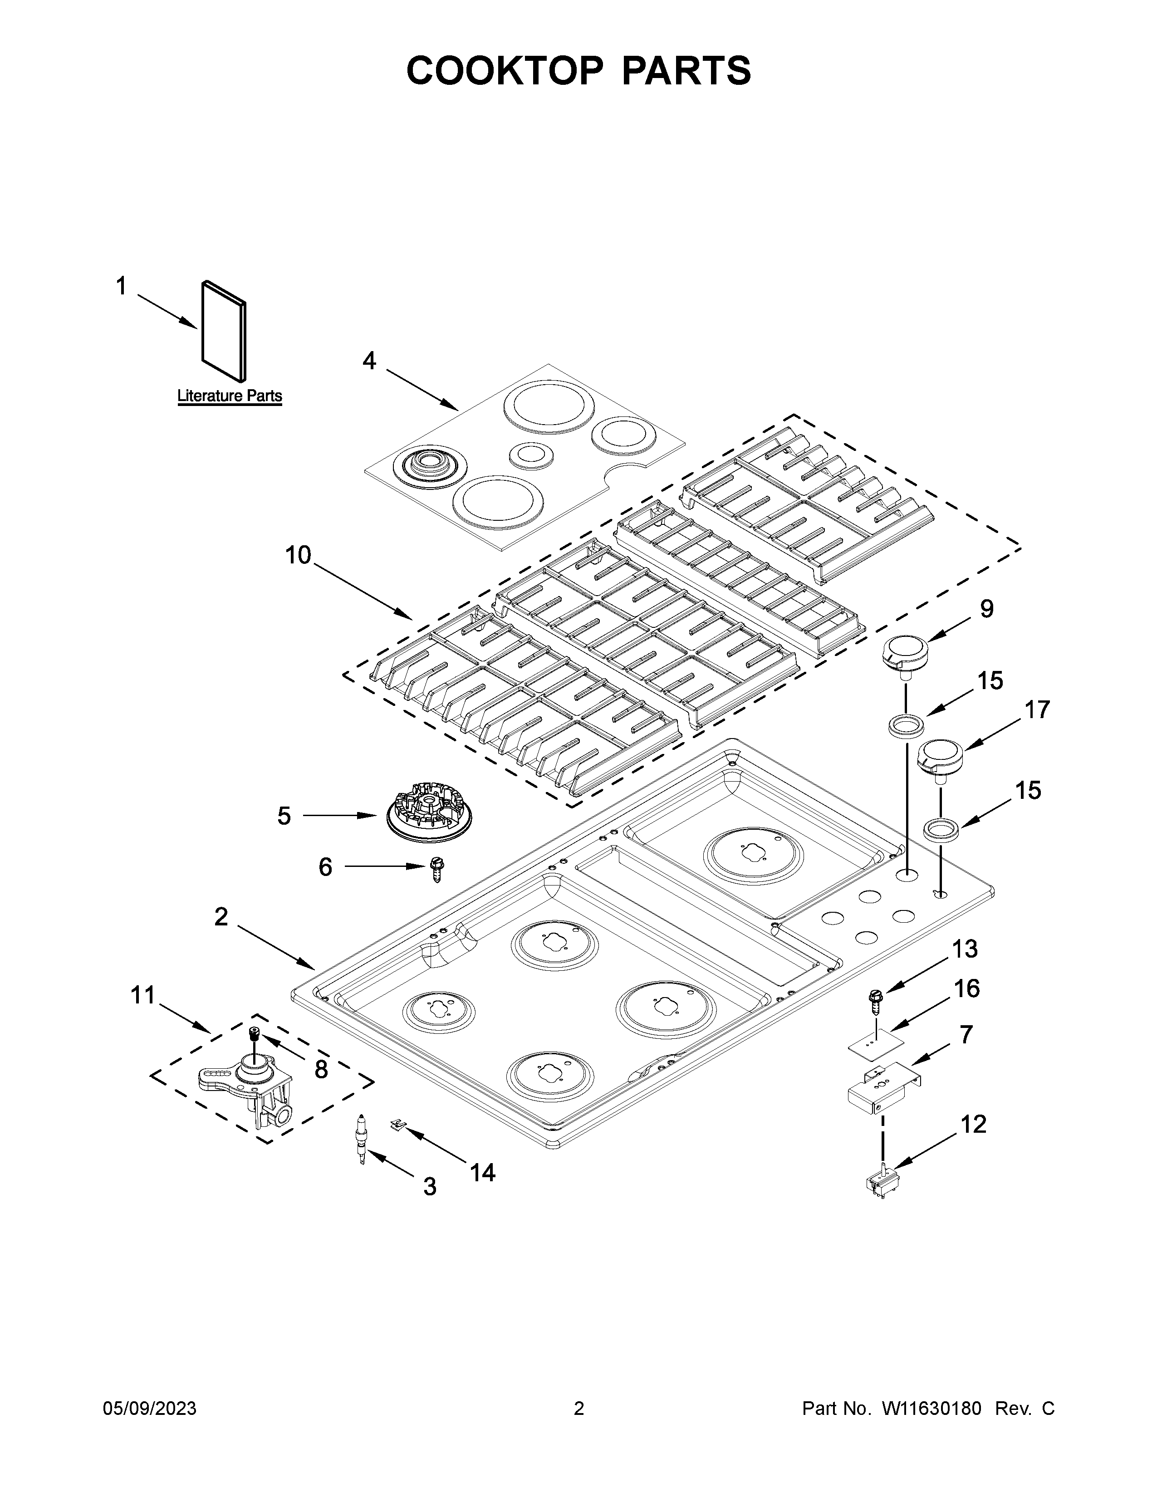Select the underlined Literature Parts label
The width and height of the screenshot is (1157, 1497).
point(230,396)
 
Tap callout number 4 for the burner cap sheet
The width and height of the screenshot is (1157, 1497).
point(369,361)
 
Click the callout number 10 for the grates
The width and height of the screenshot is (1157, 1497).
point(298,555)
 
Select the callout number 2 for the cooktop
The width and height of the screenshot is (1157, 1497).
point(221,916)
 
